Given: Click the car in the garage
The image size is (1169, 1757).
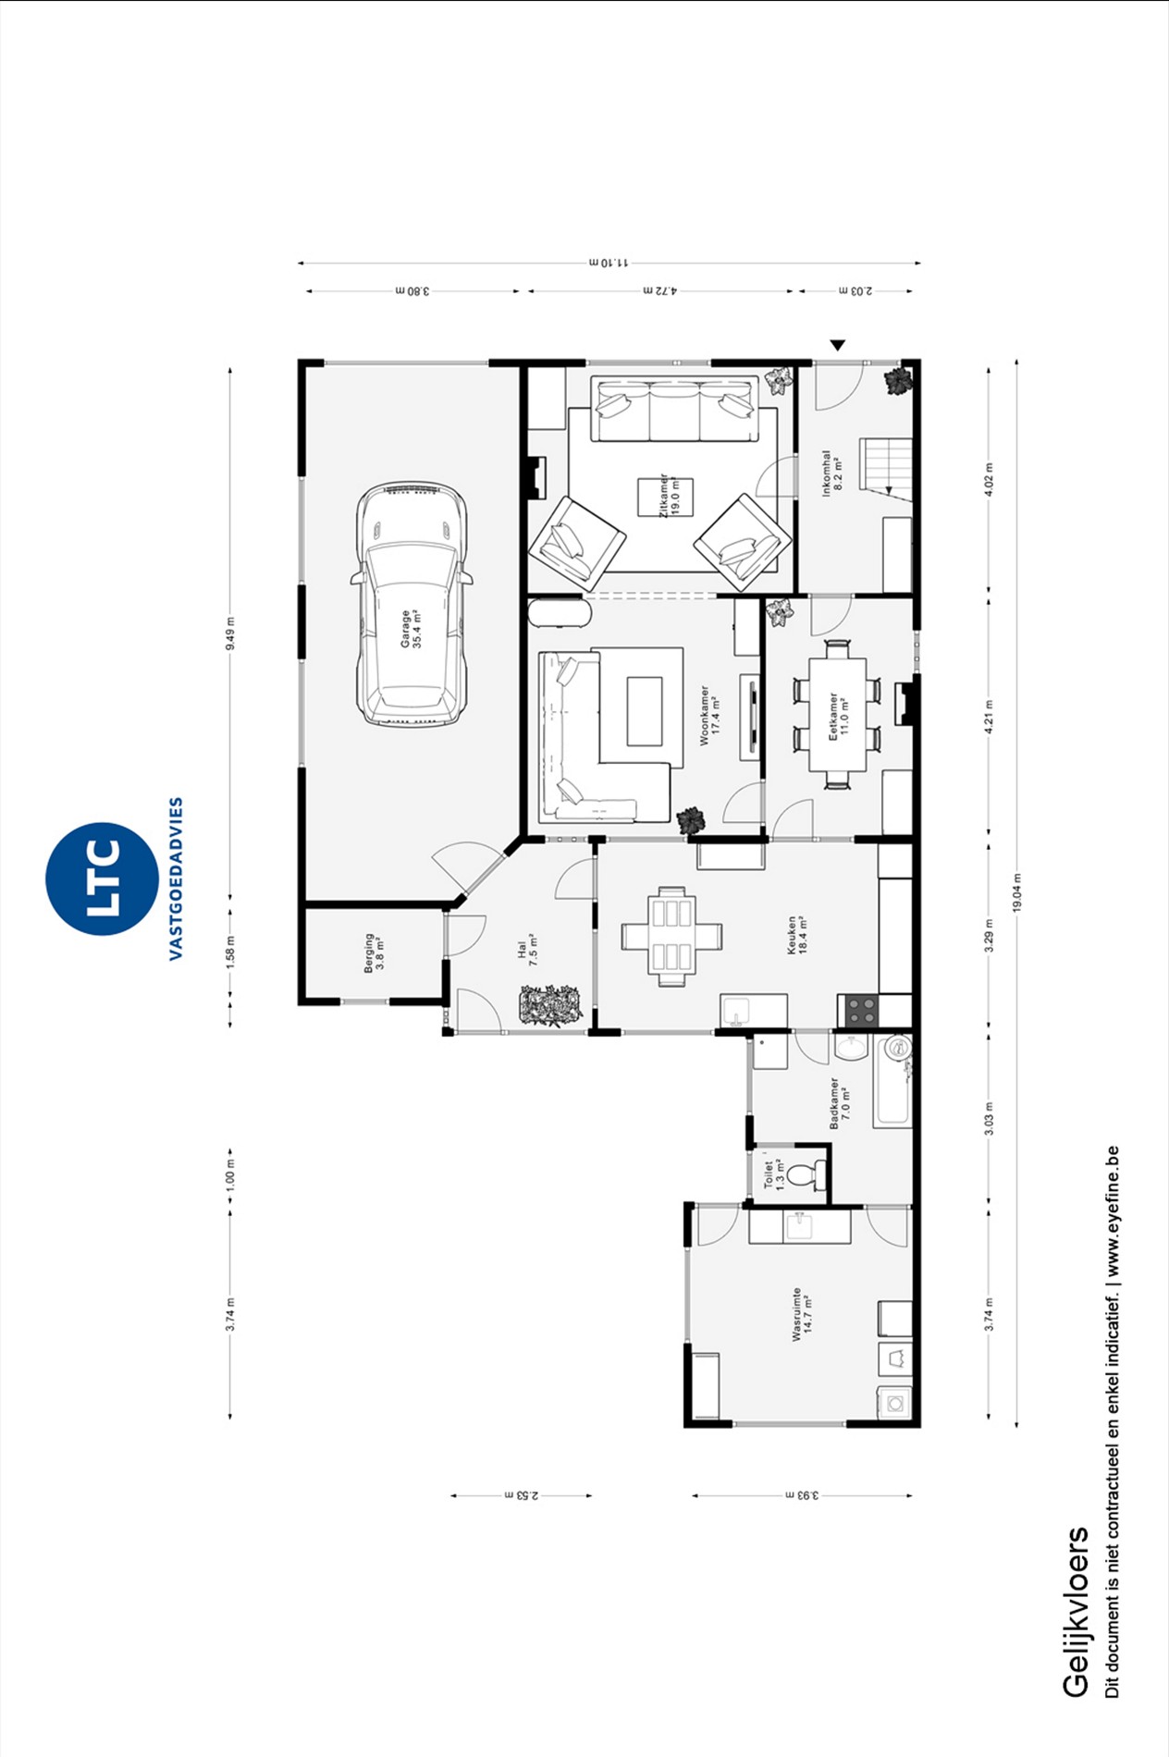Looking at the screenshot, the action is pyautogui.click(x=412, y=604).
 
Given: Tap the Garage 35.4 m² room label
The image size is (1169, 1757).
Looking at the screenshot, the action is pyautogui.click(x=410, y=629).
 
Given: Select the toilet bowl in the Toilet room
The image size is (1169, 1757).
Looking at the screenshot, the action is pyautogui.click(x=806, y=1174).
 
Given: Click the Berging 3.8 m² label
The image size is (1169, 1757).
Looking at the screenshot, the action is pyautogui.click(x=374, y=952).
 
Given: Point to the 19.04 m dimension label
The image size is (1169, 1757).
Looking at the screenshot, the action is pyautogui.click(x=1016, y=893).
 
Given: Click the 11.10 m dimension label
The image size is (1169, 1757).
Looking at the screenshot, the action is pyautogui.click(x=609, y=263).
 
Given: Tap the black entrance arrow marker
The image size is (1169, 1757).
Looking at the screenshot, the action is pyautogui.click(x=838, y=345).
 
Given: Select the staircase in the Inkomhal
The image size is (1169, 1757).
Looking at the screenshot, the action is pyautogui.click(x=886, y=468).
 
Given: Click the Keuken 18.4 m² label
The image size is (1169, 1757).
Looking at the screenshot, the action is pyautogui.click(x=796, y=935).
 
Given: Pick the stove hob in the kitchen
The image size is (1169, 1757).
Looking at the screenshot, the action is pyautogui.click(x=861, y=1011).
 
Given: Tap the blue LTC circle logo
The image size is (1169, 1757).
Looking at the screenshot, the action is pyautogui.click(x=102, y=878).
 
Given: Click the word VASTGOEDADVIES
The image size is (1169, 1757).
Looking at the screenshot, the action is pyautogui.click(x=176, y=878).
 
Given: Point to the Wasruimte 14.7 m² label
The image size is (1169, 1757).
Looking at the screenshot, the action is pyautogui.click(x=801, y=1314).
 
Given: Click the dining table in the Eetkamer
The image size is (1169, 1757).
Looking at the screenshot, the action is pyautogui.click(x=837, y=715).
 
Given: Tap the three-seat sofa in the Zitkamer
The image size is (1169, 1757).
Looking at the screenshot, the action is pyautogui.click(x=674, y=409).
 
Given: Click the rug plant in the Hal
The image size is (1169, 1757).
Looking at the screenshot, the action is pyautogui.click(x=550, y=1005).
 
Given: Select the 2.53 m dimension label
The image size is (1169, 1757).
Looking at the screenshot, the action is pyautogui.click(x=522, y=1495).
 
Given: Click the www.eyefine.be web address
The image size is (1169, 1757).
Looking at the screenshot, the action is pyautogui.click(x=1113, y=1211).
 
